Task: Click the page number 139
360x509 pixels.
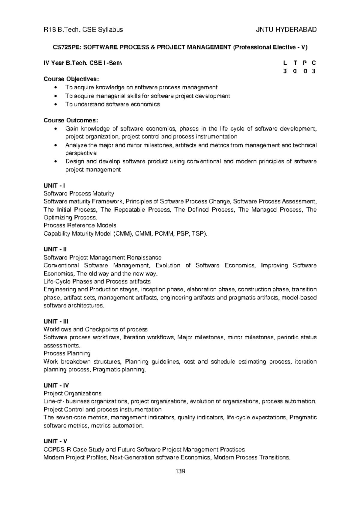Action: point(180,472)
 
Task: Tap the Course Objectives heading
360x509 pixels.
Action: point(71,79)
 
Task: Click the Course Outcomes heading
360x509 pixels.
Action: point(70,121)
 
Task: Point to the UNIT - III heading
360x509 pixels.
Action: point(56,321)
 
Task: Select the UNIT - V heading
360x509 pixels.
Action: point(55,441)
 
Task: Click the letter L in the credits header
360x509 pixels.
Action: point(285,63)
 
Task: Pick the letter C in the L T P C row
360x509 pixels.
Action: point(314,63)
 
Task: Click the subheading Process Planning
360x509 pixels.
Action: point(67,353)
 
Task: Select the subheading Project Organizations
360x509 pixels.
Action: point(72,393)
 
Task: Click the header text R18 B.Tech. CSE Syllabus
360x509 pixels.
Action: point(83,30)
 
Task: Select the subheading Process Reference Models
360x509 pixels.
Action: point(80,225)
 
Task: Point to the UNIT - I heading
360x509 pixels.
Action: point(54,186)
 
